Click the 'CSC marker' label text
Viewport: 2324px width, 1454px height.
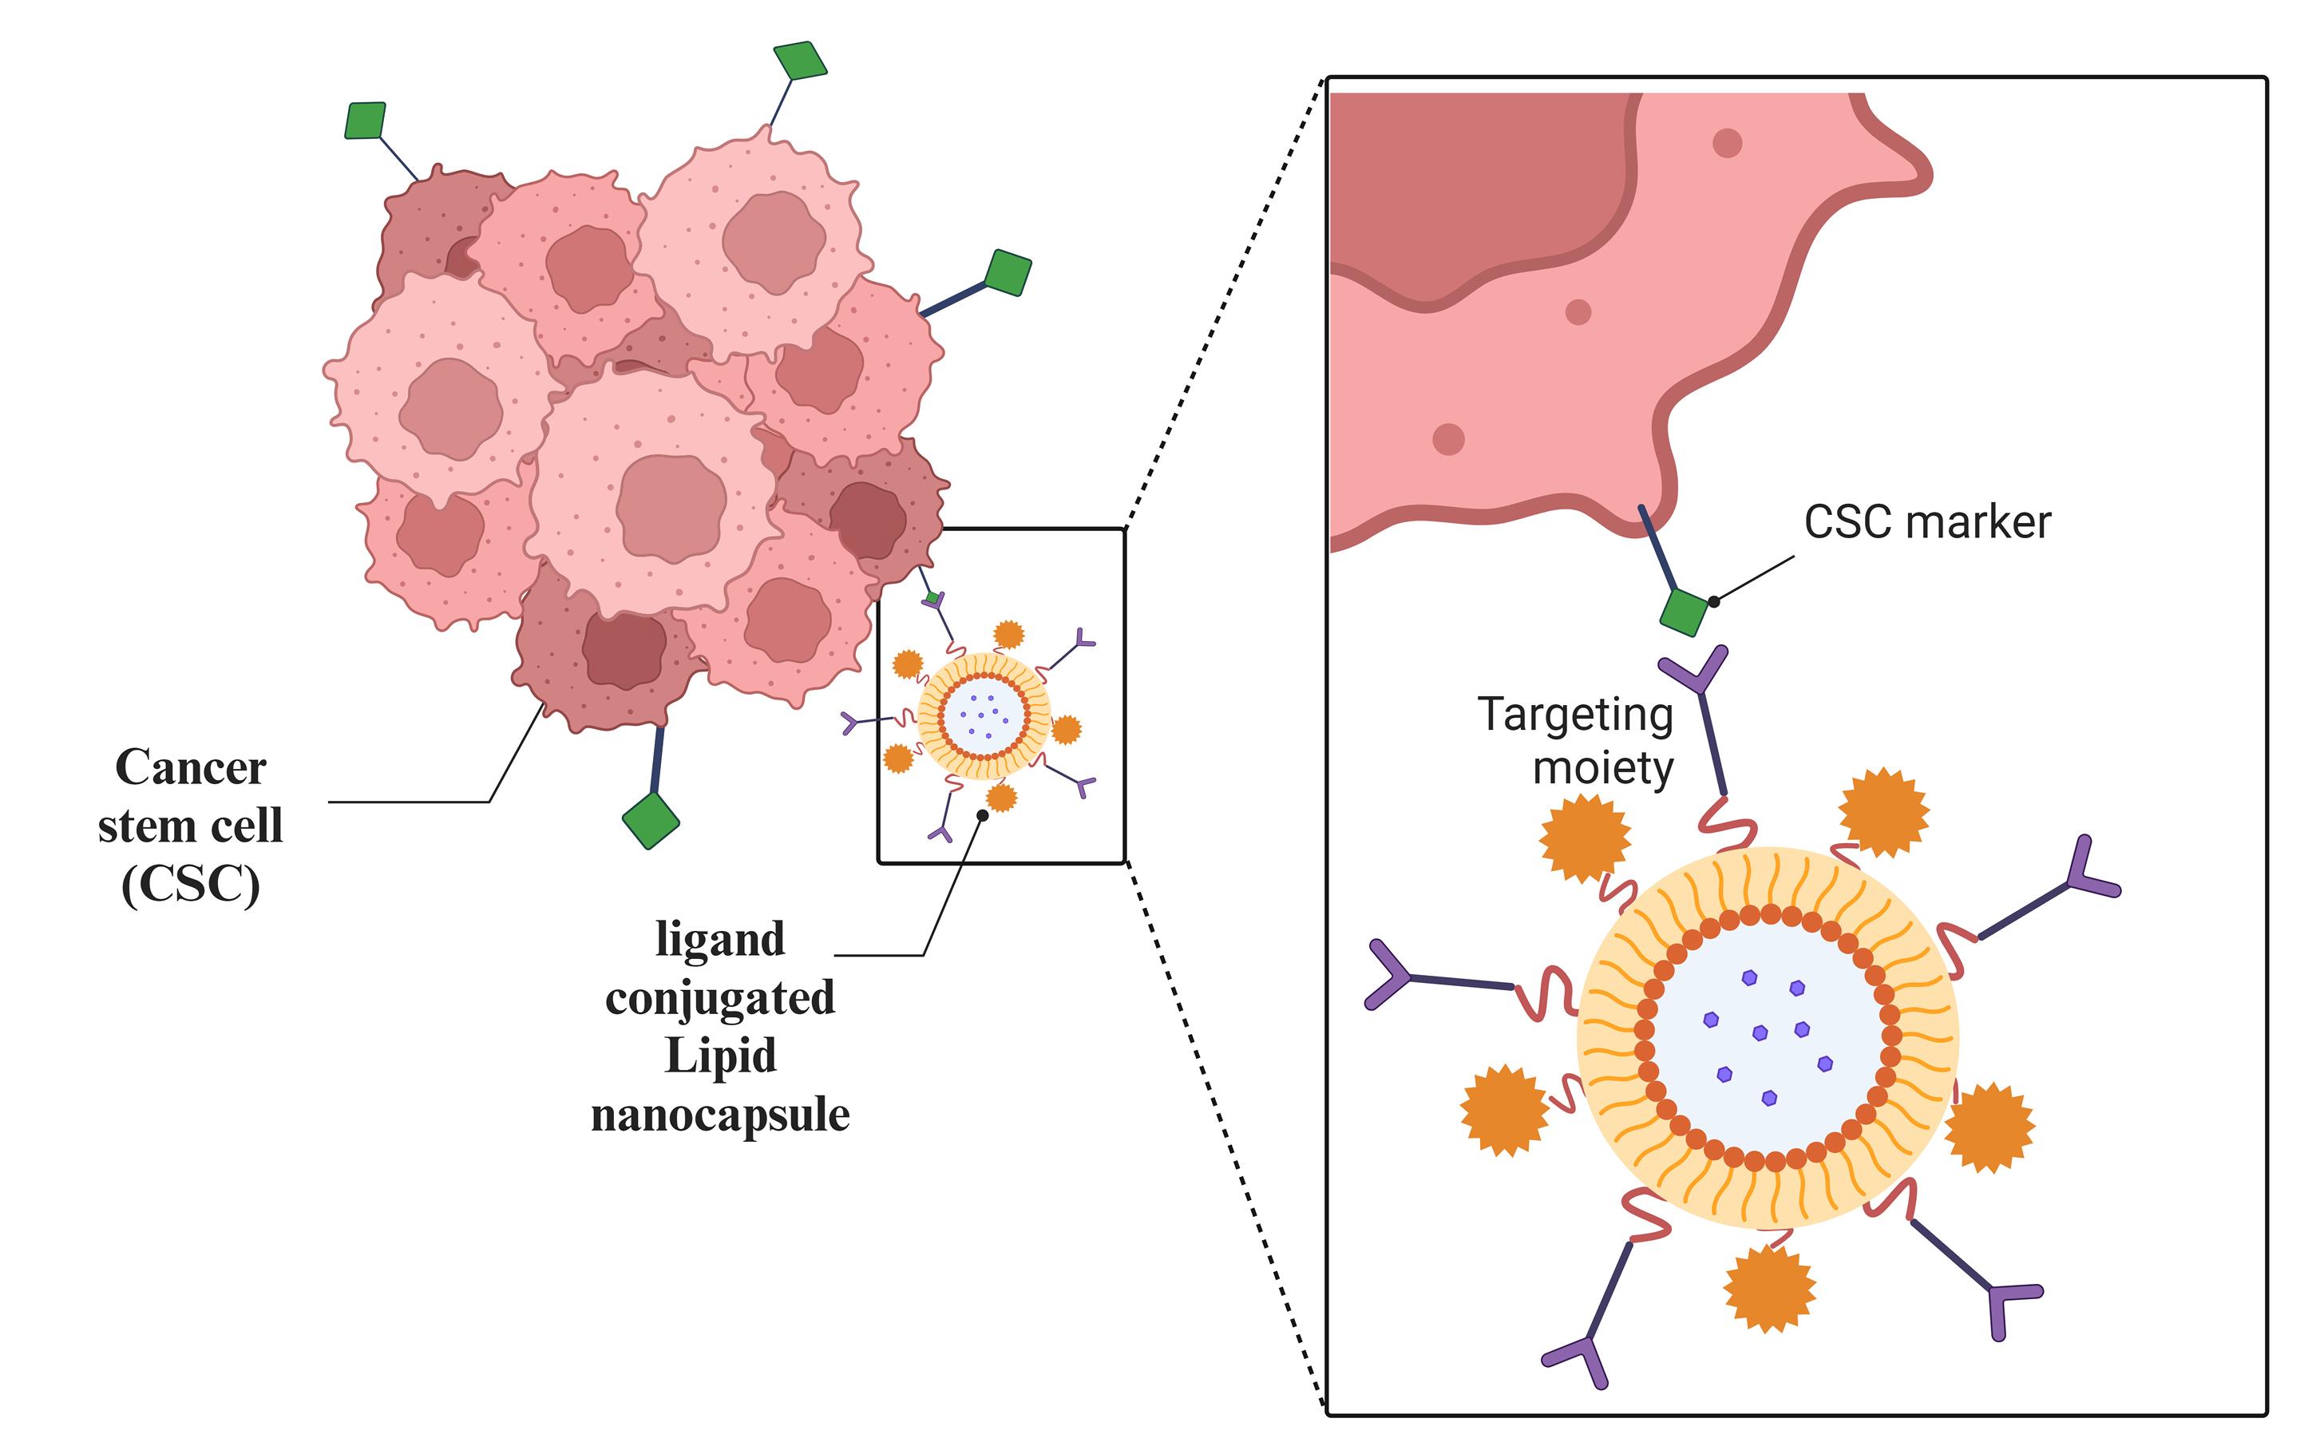click(x=1927, y=522)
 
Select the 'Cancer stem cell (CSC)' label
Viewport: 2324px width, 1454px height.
click(x=190, y=825)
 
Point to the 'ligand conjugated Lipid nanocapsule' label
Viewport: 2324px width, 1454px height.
click(x=720, y=1026)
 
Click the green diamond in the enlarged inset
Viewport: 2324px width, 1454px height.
click(x=1685, y=612)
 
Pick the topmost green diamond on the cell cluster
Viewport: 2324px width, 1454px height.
click(x=800, y=61)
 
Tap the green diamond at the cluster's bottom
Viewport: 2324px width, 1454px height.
click(x=651, y=820)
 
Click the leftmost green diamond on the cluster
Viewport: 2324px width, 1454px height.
click(x=366, y=121)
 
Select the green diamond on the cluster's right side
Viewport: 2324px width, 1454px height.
click(x=1008, y=273)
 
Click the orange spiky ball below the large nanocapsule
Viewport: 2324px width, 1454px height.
click(x=1769, y=1289)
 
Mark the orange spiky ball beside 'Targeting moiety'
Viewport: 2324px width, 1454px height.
click(x=1585, y=838)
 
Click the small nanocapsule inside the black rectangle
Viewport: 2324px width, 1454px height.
click(x=983, y=715)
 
